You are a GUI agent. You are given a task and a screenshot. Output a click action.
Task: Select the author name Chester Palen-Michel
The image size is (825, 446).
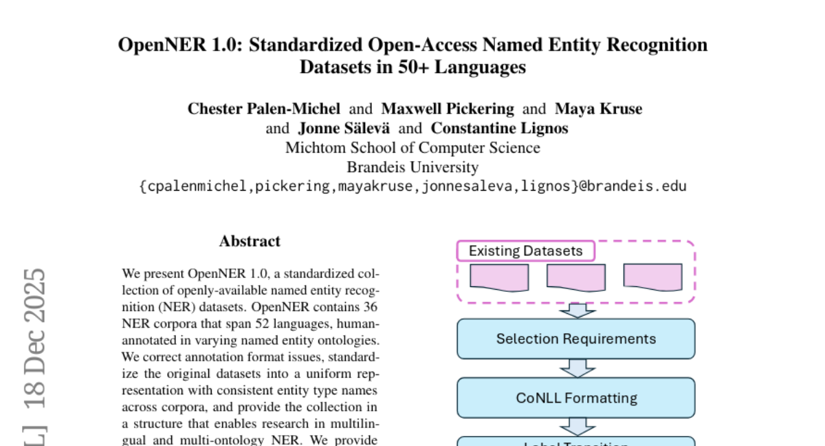point(264,109)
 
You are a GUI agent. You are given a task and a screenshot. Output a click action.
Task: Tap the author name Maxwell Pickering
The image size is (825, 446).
point(448,109)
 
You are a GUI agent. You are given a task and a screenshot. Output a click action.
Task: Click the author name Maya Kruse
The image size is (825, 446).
point(598,109)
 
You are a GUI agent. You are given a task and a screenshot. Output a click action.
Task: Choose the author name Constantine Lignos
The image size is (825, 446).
point(499,128)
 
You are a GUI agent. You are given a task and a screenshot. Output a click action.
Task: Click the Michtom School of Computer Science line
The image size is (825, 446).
point(412,147)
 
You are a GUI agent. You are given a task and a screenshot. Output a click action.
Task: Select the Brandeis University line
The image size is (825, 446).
point(412,167)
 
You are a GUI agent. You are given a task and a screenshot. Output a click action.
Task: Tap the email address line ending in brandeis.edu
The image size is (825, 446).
point(412,186)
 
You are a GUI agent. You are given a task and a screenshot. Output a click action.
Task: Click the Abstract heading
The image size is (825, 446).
point(250,242)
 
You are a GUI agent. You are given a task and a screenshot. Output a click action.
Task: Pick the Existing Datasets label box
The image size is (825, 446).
point(525,251)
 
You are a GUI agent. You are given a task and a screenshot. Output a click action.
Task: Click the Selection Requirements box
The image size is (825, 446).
point(576,339)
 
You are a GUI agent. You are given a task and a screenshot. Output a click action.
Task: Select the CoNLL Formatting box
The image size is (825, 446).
point(576,398)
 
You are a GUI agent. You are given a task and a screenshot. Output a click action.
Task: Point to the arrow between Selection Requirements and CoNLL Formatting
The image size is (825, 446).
point(577,368)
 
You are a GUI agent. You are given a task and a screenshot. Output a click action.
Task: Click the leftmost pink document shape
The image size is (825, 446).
point(499,277)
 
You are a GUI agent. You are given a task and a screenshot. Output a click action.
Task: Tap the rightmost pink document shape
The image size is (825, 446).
point(652,277)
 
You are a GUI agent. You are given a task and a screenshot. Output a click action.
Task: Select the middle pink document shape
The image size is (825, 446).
point(576,277)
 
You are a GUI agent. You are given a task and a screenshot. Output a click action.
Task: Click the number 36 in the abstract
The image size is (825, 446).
point(370,306)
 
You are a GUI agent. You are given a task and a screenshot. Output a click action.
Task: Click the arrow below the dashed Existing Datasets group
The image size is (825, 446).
point(577,310)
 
